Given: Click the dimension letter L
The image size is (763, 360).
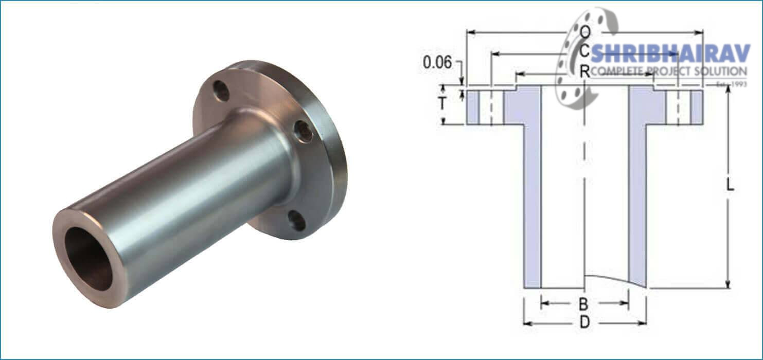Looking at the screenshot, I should tap(729, 187).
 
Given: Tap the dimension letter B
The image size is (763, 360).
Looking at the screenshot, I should tap(583, 303).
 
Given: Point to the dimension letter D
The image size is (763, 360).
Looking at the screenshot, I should tap(584, 322).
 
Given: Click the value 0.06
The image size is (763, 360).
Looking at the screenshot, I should tap(437, 63).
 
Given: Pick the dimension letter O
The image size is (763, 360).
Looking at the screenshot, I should tap(584, 32).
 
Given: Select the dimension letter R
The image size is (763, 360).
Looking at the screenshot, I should tap(584, 72).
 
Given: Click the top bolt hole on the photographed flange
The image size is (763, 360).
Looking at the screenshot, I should tap(221, 91).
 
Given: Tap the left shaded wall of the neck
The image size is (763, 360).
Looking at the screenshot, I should tap(532, 206).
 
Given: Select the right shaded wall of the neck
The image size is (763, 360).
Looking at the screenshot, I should tap(637, 206).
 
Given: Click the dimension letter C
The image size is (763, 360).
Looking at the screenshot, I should tap(584, 52).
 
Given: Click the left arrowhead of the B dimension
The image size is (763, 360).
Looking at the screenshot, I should tap(543, 303).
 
